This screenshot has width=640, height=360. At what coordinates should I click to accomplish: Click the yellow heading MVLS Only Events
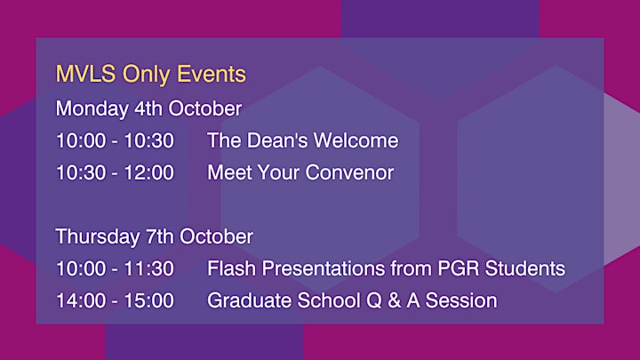[150, 75]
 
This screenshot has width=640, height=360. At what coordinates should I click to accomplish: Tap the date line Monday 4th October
[148, 108]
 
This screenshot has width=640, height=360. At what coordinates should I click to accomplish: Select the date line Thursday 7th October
[155, 236]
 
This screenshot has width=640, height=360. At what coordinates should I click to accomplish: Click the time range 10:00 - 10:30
[115, 140]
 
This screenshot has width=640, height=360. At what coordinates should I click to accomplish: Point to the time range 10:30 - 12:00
[115, 172]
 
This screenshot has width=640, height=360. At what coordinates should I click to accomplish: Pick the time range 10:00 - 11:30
[115, 269]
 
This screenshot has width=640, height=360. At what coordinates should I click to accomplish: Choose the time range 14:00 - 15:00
[115, 300]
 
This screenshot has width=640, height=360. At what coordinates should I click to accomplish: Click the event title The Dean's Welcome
[303, 140]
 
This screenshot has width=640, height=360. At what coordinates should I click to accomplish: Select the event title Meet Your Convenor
[300, 172]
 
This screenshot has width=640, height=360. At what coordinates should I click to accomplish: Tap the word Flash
[231, 268]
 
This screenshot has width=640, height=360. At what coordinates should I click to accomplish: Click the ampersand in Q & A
[394, 300]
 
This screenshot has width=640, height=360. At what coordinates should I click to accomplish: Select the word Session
[461, 300]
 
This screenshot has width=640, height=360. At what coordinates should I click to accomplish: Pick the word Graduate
[249, 300]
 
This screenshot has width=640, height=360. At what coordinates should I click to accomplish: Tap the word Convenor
[349, 172]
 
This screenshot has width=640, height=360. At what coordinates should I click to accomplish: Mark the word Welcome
[356, 140]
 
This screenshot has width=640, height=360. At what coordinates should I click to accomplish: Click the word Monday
[92, 109]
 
